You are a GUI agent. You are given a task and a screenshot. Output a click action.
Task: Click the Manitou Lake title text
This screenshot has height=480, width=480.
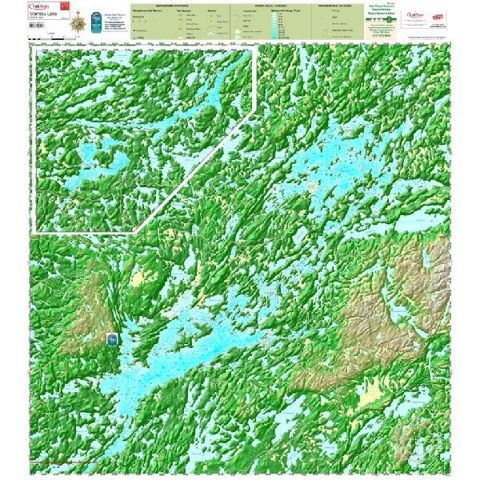[45, 14]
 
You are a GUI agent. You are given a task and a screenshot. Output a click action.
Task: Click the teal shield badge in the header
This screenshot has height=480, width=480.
[97, 22]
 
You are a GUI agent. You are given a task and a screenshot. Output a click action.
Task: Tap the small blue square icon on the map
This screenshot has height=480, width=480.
[112, 338]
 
